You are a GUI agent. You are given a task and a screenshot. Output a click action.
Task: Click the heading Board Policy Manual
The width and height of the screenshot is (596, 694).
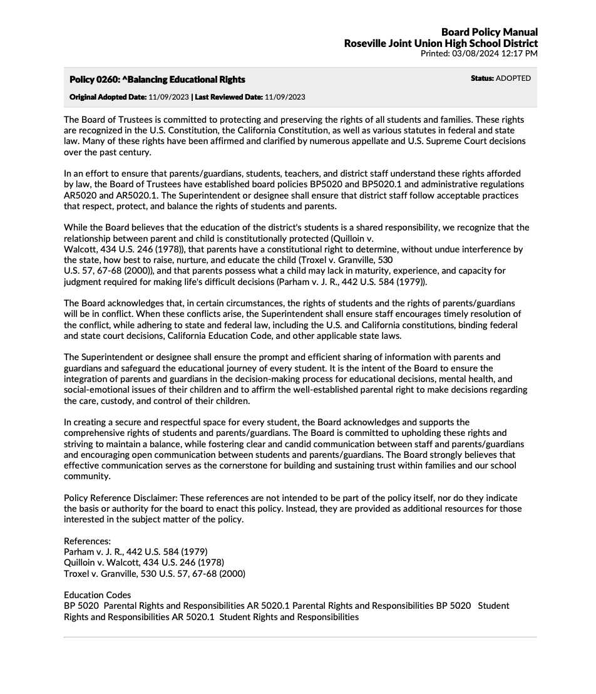coord(489,32)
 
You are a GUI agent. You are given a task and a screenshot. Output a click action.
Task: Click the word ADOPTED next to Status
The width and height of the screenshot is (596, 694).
coord(513,78)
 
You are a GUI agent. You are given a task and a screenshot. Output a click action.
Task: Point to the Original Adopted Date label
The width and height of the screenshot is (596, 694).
coord(108,97)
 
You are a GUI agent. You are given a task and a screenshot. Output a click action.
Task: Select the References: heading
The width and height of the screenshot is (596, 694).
coord(87,541)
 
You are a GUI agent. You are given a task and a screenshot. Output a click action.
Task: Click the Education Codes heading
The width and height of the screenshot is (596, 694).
coord(97,595)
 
